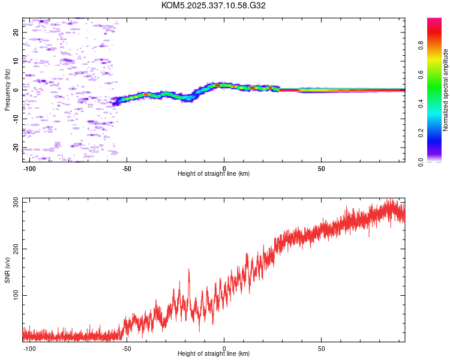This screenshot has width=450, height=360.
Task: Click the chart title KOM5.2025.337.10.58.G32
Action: click(x=214, y=5)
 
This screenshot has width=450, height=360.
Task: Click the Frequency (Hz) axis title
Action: click(x=7, y=90)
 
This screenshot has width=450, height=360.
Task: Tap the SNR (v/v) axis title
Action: click(x=7, y=270)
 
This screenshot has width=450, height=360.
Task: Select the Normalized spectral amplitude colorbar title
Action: click(x=446, y=90)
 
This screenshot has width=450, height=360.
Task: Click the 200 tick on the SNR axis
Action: click(x=16, y=248)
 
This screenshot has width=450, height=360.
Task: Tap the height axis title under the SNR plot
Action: click(x=214, y=354)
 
